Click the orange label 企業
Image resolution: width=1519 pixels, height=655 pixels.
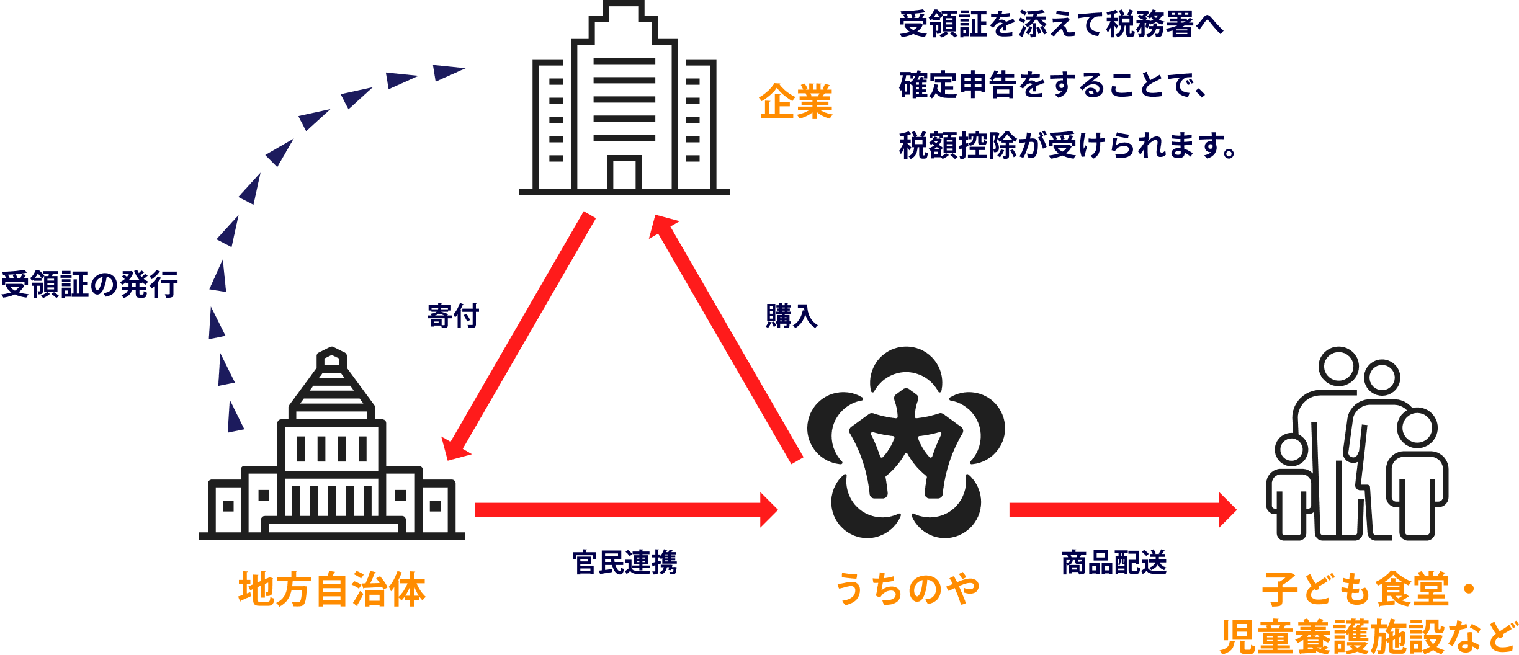pyautogui.click(x=795, y=101)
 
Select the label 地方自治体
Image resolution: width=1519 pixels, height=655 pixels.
pyautogui.click(x=332, y=589)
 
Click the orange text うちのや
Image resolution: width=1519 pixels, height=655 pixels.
pyautogui.click(x=907, y=589)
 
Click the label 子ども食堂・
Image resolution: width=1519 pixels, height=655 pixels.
pyautogui.click(x=1368, y=589)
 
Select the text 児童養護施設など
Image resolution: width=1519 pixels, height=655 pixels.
pyautogui.click(x=1368, y=636)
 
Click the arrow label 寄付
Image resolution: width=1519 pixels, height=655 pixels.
pyautogui.click(x=453, y=316)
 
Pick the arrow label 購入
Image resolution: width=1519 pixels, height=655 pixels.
pyautogui.click(x=791, y=316)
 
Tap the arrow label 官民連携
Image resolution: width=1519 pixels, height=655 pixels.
pyautogui.click(x=624, y=563)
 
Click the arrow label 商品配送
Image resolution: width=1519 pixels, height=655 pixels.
pyautogui.click(x=1114, y=563)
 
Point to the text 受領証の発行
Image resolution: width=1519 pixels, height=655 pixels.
pyautogui.click(x=90, y=285)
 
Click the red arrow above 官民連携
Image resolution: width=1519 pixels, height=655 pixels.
pyautogui.click(x=624, y=510)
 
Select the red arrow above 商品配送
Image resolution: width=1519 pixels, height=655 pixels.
pyautogui.click(x=1120, y=510)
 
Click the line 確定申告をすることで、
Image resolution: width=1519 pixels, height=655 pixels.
pyautogui.click(x=1054, y=85)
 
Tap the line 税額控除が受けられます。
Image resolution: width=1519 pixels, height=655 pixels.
pyautogui.click(x=1067, y=146)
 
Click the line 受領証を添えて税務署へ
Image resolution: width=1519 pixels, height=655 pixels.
pyautogui.click(x=1061, y=25)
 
